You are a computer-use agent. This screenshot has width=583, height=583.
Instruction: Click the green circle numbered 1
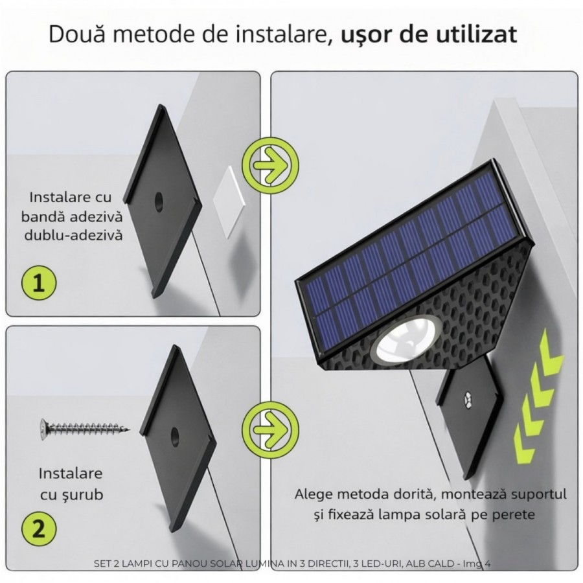39,282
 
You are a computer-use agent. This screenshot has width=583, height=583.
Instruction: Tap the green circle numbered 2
39,529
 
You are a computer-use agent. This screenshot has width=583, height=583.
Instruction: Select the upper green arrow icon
270,165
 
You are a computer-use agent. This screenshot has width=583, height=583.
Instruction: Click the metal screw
85,428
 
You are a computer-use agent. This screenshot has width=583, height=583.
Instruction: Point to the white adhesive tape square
229,201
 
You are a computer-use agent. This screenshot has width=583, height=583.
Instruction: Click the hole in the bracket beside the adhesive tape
159,203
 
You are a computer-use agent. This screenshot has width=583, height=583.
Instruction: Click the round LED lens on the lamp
408,340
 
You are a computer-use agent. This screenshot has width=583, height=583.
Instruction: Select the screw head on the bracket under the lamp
467,398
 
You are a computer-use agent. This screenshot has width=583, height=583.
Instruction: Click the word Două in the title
76,34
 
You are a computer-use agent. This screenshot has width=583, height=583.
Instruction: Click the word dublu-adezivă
73,235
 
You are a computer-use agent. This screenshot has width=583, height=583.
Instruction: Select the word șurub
84,496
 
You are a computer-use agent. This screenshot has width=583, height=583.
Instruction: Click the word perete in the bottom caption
514,516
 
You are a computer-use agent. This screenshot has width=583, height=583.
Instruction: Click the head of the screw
44,428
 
